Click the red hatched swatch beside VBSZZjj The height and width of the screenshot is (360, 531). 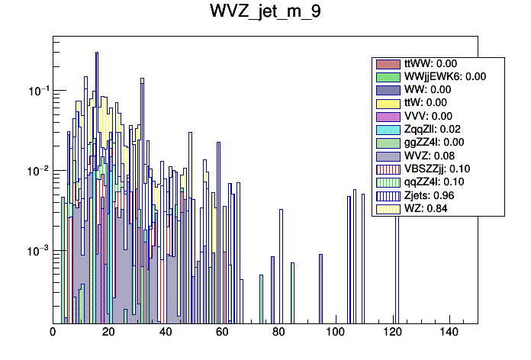click(388, 169)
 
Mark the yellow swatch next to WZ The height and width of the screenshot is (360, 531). click(388, 207)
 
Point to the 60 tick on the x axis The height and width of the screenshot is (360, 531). click(222, 333)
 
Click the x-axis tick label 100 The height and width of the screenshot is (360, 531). click(336, 333)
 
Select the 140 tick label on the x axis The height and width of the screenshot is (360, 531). click(449, 333)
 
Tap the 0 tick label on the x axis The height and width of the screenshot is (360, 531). click(53, 333)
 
